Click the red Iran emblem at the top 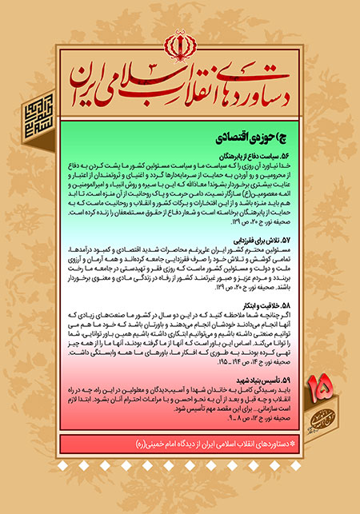click(x=180, y=42)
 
